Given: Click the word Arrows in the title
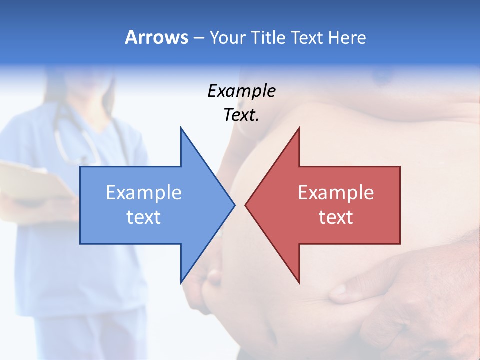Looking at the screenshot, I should coord(156,37).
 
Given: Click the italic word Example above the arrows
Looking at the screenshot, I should coord(241,91).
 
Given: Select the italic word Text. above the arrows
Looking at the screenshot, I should coord(241,115).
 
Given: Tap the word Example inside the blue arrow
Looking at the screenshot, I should coord(144,193).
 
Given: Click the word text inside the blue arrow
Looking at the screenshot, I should coord(144,217).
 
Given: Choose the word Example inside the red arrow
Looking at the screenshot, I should coord(336,193).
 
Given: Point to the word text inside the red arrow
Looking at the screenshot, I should coord(336,217).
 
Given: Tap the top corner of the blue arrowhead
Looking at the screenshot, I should coord(181,128).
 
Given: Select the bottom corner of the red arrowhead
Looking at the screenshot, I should coord(299,282).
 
